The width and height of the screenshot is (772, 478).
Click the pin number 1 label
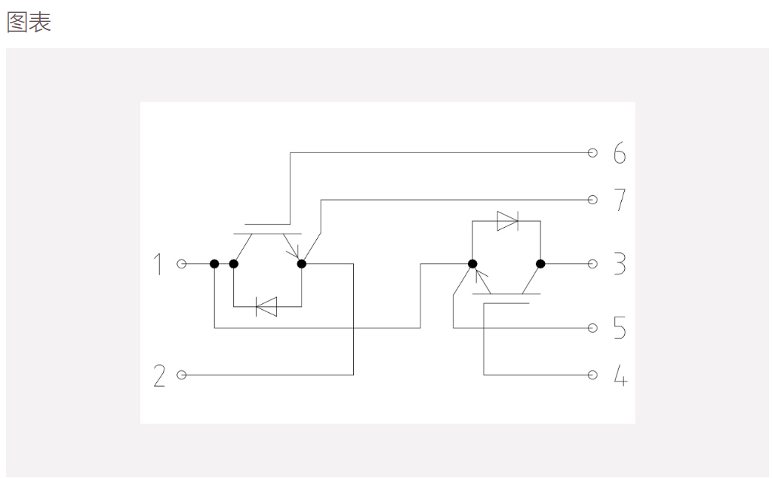[158, 264]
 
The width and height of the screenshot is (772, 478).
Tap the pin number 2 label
[159, 375]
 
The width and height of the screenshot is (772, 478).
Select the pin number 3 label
[620, 264]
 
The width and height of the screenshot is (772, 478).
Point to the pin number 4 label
[620, 375]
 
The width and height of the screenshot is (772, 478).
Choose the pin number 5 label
[620, 328]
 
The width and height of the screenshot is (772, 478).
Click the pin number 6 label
[620, 153]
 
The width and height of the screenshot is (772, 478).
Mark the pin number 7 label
[620, 200]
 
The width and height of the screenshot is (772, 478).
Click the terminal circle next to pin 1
[182, 264]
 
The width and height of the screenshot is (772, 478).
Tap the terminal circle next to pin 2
[182, 375]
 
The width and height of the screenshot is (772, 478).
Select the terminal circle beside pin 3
[593, 264]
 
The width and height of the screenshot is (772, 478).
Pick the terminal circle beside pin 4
[593, 375]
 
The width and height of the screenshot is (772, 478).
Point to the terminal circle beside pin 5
[593, 328]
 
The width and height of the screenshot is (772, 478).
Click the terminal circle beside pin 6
[593, 153]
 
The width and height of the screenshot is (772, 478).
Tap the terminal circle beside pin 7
[593, 200]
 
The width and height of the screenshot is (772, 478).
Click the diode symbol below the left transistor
[266, 307]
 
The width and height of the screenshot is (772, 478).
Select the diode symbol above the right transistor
[508, 222]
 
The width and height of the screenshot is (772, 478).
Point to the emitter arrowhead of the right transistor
[481, 276]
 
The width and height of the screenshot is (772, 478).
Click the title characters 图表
[29, 23]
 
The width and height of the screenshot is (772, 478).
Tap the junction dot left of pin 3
[540, 264]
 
